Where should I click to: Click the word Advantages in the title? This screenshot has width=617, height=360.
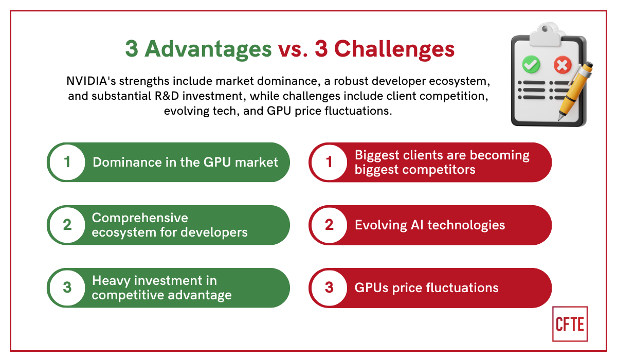208,50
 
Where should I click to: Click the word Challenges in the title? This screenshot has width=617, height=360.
394,50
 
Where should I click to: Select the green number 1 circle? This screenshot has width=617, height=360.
67,163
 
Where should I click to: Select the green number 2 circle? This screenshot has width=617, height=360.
67,225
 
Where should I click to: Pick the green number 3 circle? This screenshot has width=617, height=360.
67,287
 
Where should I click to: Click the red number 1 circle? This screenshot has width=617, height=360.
329,163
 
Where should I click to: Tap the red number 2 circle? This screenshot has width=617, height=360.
329,225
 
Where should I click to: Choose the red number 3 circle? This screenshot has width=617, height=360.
329,287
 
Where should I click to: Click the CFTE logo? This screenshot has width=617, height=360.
570,324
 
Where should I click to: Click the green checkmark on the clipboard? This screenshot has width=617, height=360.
530,65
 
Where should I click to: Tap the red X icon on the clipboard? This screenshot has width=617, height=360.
562,65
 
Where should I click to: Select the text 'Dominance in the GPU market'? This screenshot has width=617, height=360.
185,163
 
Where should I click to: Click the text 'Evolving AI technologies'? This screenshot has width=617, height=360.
430,225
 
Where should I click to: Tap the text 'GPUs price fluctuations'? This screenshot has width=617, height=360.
426,287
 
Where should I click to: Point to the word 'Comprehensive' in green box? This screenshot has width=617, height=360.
140,218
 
